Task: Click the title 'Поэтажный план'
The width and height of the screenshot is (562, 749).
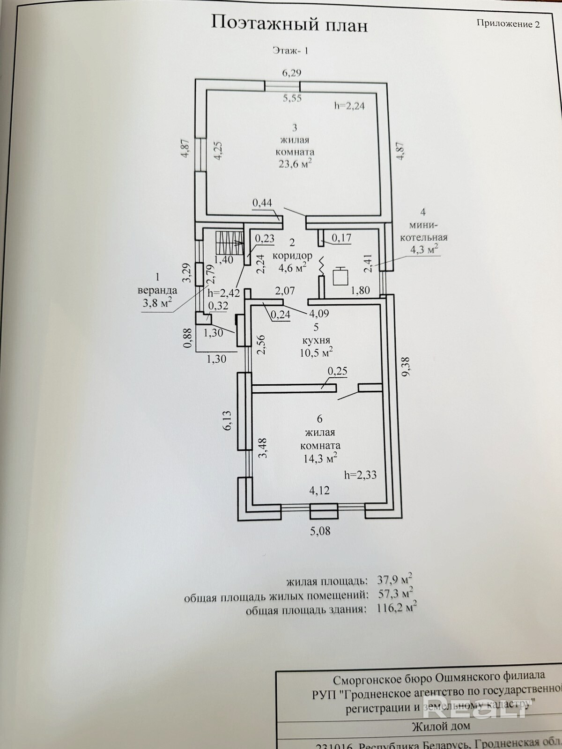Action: pyautogui.click(x=289, y=23)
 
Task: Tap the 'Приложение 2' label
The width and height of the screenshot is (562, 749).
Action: pyautogui.click(x=508, y=23)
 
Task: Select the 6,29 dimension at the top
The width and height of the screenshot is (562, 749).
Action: pyautogui.click(x=291, y=73)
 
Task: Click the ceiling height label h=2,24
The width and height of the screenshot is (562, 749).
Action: pyautogui.click(x=349, y=106)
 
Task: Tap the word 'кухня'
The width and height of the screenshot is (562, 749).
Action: pyautogui.click(x=316, y=340)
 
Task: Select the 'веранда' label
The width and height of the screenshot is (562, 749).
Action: pyautogui.click(x=157, y=290)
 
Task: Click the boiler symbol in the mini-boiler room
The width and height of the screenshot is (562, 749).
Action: pyautogui.click(x=340, y=276)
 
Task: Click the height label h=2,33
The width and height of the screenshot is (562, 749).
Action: pyautogui.click(x=360, y=475)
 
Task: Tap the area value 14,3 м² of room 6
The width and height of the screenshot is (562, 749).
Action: pyautogui.click(x=320, y=458)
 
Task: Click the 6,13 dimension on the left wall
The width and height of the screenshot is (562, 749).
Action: pyautogui.click(x=227, y=420)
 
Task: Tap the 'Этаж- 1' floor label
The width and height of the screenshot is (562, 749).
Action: pyautogui.click(x=290, y=51)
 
